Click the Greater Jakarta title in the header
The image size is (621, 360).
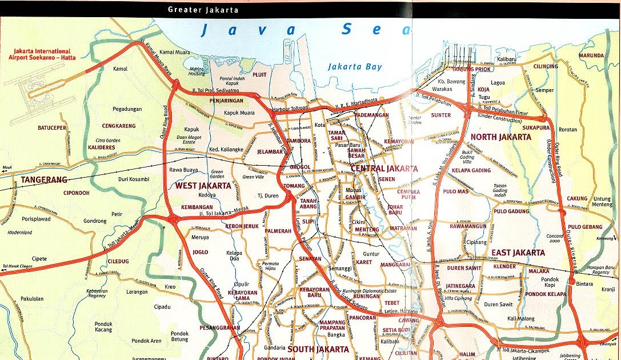[203, 10]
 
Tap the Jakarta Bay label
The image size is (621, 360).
[355, 67]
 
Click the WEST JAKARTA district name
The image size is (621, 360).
[203, 186]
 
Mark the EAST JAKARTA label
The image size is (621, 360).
[518, 253]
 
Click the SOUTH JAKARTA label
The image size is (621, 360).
[318, 349]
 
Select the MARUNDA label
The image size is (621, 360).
[591, 55]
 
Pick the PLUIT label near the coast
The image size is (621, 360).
[259, 74]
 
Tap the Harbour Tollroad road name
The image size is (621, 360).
[291, 108]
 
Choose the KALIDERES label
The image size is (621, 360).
[101, 147]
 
